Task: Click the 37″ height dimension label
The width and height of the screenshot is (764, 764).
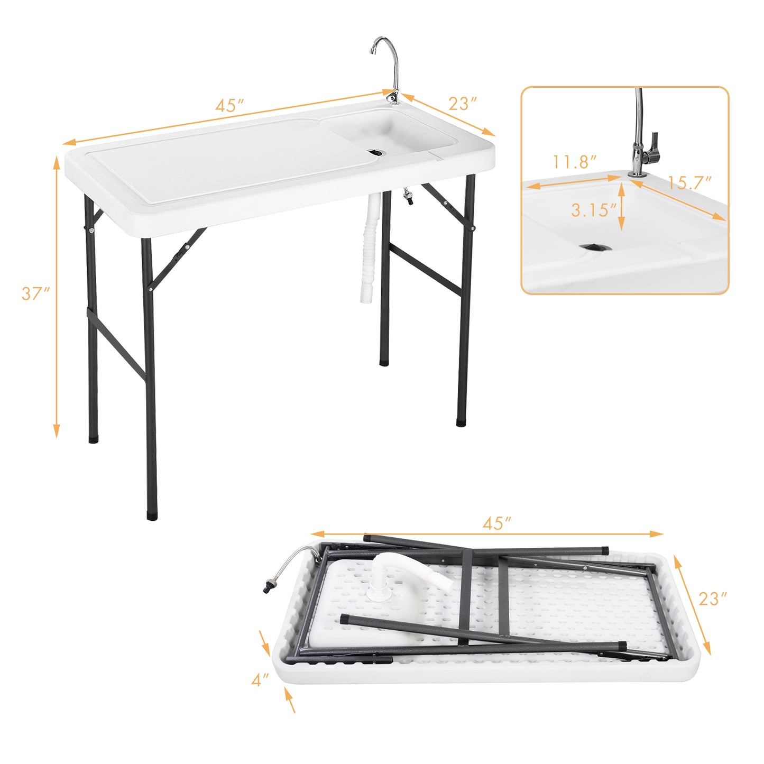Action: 35,293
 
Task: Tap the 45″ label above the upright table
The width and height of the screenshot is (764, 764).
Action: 229,105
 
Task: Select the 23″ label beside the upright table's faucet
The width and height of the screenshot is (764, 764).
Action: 463,103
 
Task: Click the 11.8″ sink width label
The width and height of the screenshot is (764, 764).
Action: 575,162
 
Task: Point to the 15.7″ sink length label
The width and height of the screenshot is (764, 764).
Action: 689,183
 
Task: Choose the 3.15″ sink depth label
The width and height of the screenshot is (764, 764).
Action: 593,210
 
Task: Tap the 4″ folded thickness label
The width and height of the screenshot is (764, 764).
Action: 260,680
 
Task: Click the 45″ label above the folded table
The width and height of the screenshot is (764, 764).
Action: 496,523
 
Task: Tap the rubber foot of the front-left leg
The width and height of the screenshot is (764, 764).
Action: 151,514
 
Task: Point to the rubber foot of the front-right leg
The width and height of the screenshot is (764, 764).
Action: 461,422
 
